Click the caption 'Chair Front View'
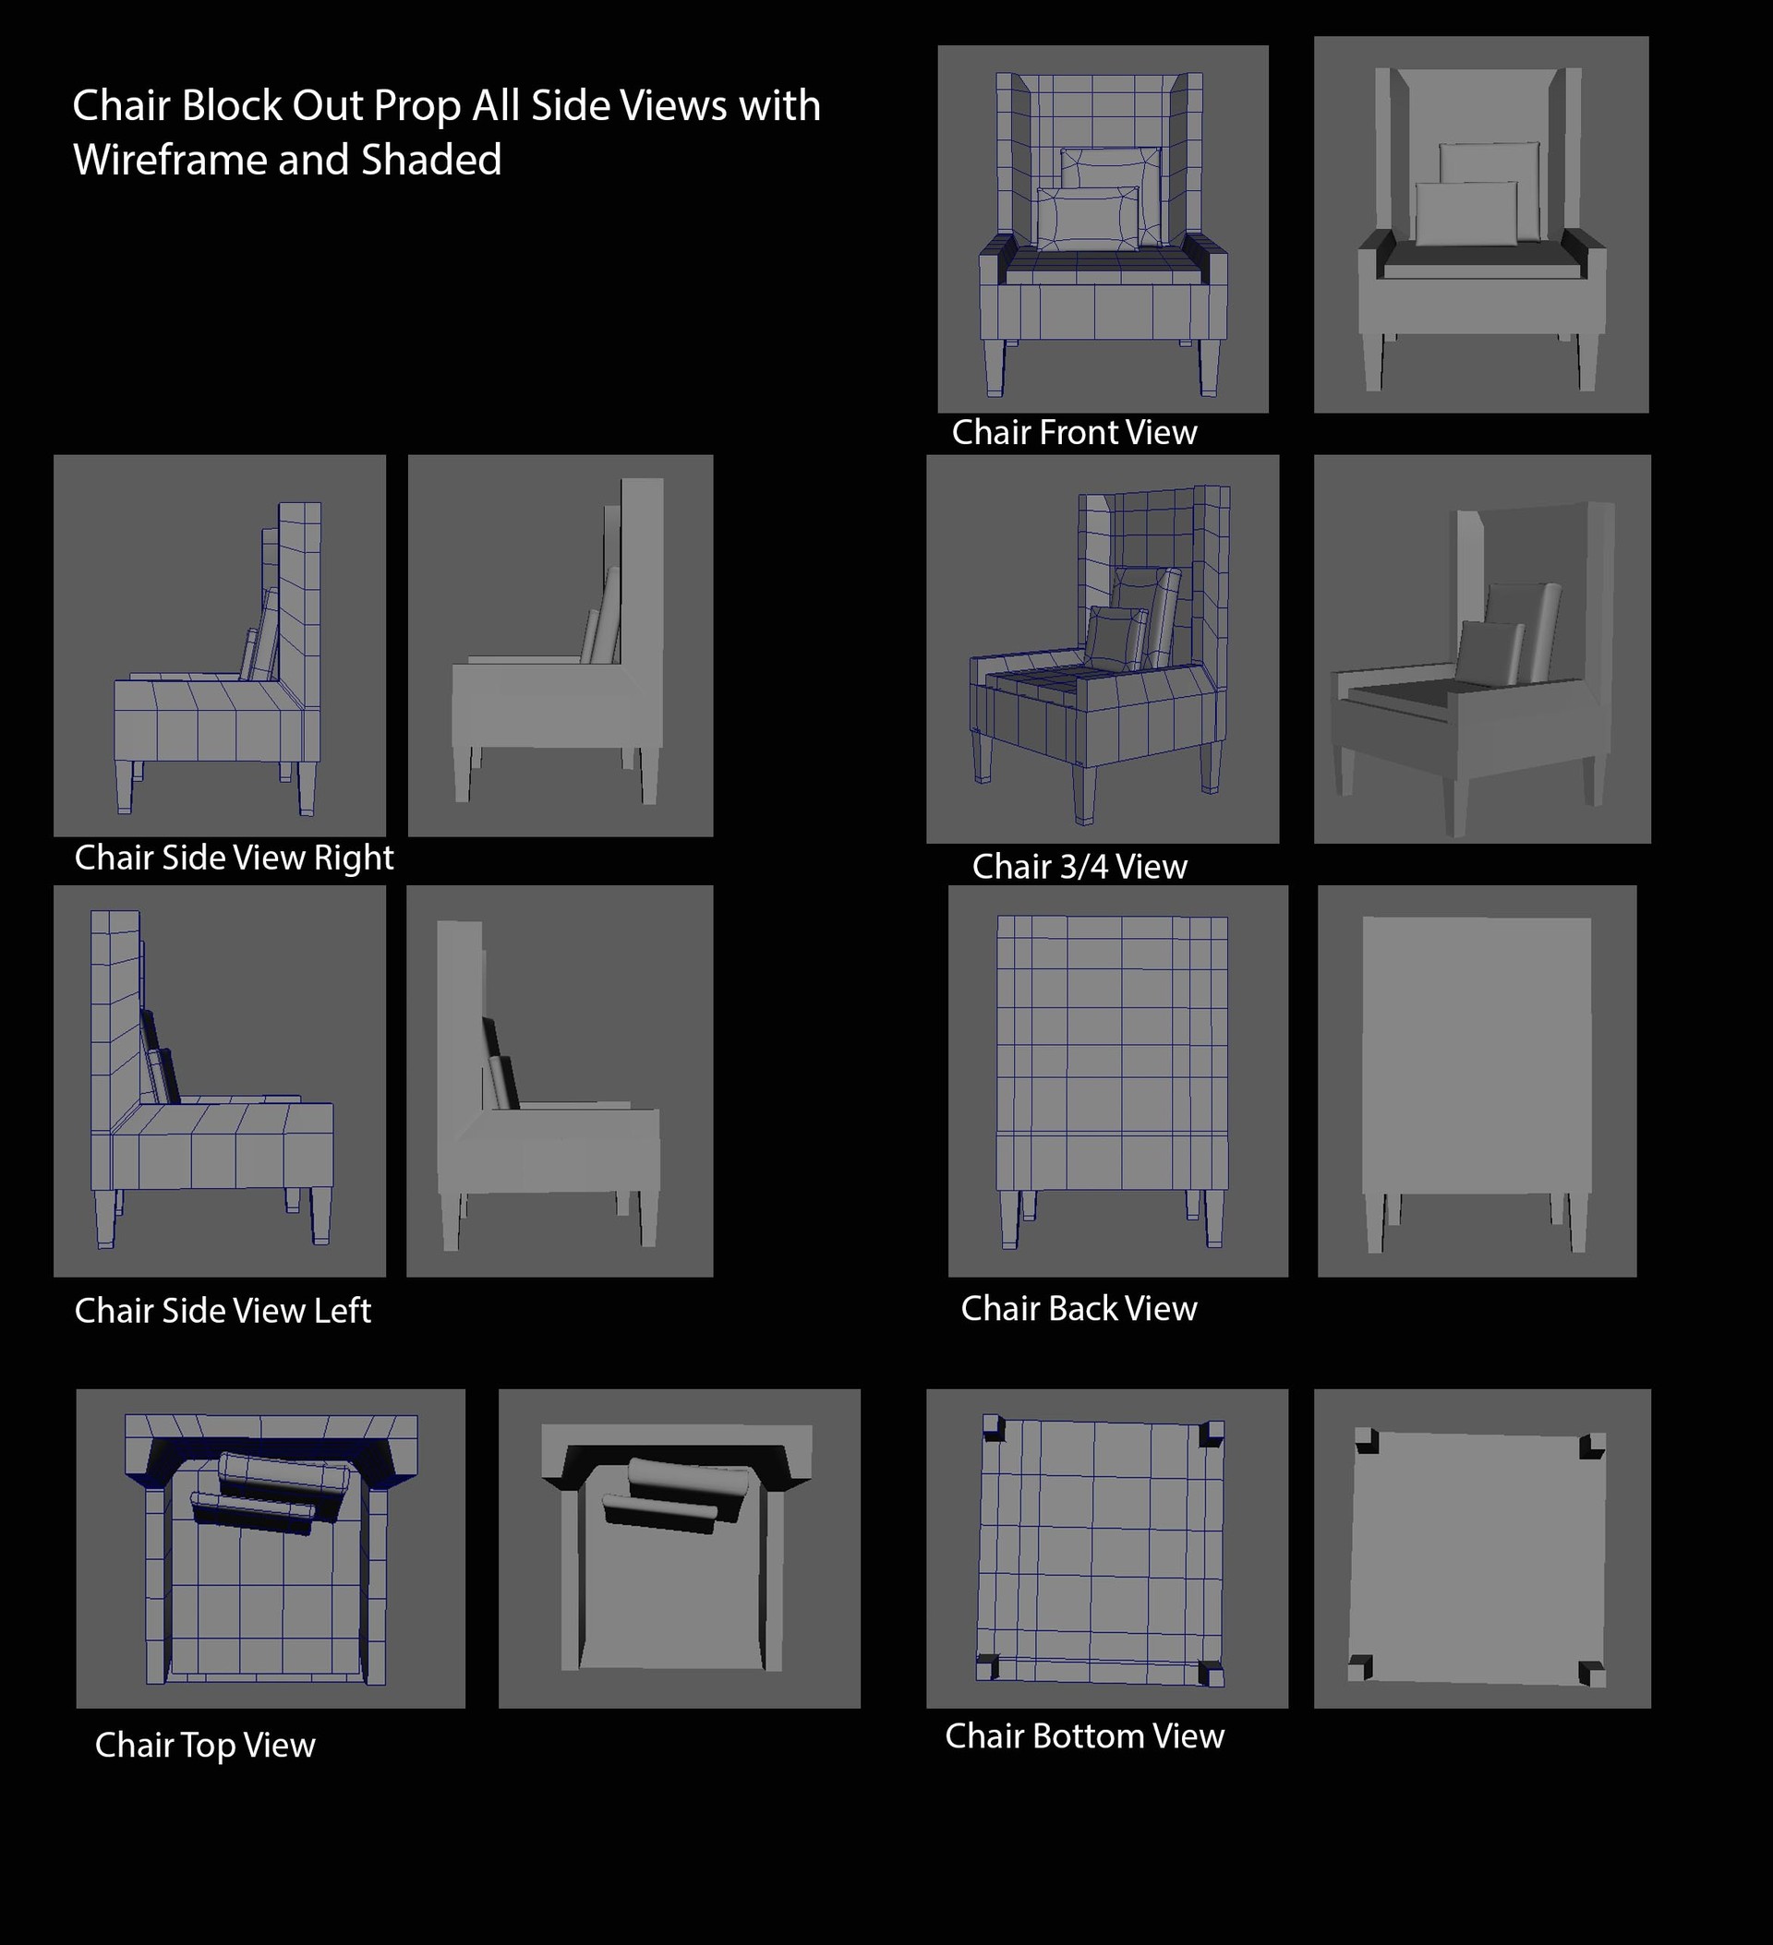click(x=1073, y=432)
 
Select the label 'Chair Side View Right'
click(x=234, y=858)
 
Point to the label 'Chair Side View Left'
click(x=222, y=1310)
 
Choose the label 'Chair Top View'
click(x=205, y=1745)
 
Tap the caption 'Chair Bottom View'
click(x=1084, y=1735)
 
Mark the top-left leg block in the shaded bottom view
click(x=1367, y=1442)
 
